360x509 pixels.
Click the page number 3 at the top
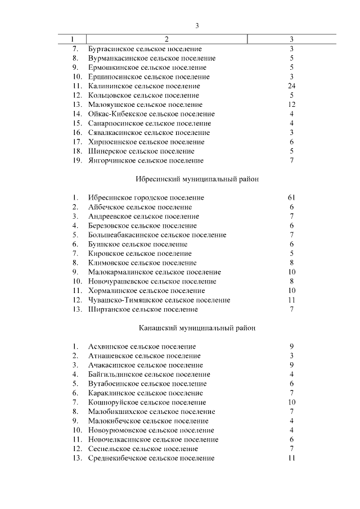click(197, 25)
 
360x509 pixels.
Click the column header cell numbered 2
click(166, 39)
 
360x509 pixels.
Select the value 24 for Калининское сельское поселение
click(291, 86)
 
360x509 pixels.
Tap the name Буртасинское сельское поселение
click(145, 49)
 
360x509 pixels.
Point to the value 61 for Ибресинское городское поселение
click(291, 198)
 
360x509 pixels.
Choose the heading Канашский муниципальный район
click(196, 328)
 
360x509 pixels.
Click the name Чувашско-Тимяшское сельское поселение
click(159, 300)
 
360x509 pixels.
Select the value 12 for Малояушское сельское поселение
click(291, 105)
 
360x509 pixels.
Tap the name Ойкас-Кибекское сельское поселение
click(151, 114)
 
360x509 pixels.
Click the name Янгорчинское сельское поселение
click(146, 161)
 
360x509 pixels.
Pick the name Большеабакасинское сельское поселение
click(157, 235)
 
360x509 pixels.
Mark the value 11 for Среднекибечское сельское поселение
click(291, 458)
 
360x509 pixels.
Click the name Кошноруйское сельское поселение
click(147, 403)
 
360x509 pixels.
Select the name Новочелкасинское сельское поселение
click(154, 440)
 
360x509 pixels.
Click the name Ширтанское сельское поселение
click(143, 310)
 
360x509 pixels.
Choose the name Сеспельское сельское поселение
click(143, 449)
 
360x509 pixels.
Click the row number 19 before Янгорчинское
click(77, 161)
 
